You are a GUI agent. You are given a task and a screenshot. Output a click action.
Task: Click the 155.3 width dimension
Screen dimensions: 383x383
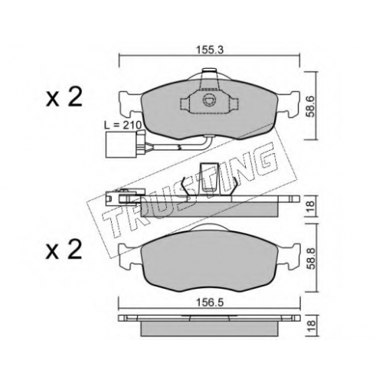[x=210, y=50]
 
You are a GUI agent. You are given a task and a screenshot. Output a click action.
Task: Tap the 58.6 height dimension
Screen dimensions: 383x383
[x=311, y=106]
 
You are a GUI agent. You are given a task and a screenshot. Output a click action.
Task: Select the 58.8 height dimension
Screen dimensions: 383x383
[x=311, y=258]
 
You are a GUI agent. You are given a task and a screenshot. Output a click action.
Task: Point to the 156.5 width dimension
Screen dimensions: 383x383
[x=210, y=303]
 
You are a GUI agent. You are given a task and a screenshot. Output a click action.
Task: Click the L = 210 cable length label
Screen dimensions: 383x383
[x=123, y=126]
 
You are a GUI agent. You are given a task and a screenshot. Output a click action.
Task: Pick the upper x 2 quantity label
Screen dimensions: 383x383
[x=64, y=97]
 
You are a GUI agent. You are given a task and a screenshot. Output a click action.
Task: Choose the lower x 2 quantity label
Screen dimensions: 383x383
[x=64, y=250]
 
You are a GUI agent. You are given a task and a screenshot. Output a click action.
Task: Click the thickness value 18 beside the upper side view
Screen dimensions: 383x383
[x=311, y=206]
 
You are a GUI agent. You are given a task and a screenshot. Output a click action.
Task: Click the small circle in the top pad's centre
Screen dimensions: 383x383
[x=209, y=100]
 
